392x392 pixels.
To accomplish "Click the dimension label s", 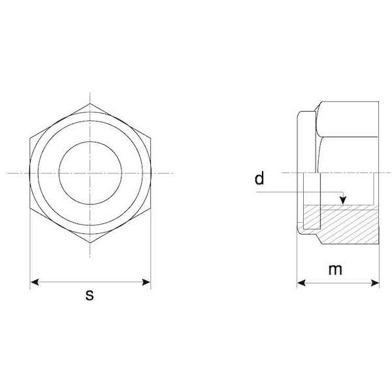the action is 90,295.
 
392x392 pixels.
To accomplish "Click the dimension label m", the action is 335,269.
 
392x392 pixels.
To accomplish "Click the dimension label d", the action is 259,178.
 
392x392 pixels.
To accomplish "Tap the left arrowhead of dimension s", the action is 35,282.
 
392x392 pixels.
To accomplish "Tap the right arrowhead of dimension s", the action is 146,282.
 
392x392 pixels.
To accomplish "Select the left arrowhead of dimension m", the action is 301,283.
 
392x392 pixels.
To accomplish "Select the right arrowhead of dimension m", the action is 375,283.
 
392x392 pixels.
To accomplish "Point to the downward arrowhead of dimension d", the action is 343,200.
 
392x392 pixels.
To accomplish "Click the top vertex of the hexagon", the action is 90,103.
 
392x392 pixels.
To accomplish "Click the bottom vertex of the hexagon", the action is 90,242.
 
